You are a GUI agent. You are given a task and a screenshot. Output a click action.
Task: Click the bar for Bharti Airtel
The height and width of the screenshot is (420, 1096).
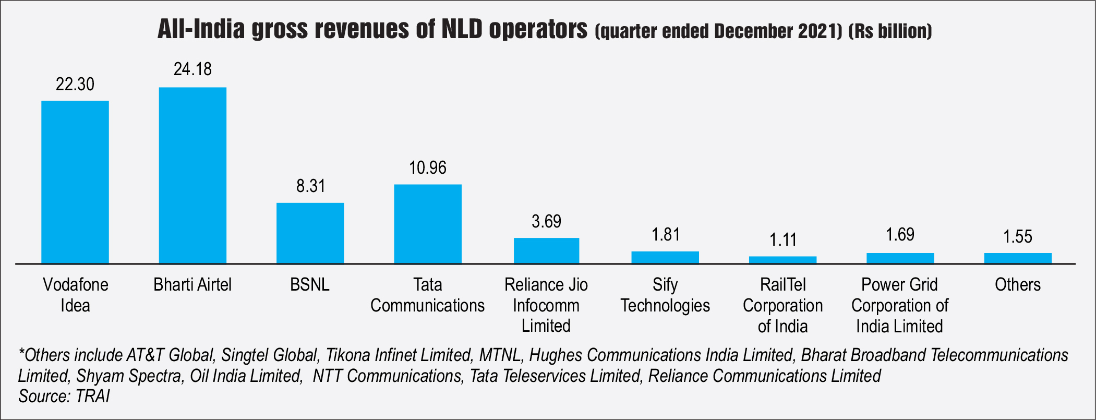click(192, 175)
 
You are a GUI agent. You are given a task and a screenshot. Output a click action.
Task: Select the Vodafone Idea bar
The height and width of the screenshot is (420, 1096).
click(75, 182)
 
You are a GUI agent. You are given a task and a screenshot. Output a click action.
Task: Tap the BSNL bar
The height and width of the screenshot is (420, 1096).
click(310, 233)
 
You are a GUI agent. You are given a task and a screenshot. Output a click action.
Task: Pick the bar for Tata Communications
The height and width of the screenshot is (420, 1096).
click(428, 224)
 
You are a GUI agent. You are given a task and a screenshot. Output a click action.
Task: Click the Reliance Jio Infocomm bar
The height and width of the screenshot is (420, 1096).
click(546, 251)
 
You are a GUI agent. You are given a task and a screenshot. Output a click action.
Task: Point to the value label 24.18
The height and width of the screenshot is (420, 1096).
click(192, 69)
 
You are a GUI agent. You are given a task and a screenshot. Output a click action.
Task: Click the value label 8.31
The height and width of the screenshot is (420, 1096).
click(310, 186)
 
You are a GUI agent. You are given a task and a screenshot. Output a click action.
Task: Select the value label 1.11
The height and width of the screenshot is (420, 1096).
click(783, 240)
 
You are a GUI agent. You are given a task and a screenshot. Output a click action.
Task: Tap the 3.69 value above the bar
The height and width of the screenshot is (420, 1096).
click(546, 222)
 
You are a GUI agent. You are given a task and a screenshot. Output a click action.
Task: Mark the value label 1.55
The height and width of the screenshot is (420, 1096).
click(1018, 237)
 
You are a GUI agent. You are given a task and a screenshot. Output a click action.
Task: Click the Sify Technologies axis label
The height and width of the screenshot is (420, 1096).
click(665, 295)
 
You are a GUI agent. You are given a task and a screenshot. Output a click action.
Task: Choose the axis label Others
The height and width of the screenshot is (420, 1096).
click(1018, 285)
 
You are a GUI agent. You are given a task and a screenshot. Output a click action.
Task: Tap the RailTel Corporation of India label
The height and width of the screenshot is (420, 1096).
click(782, 305)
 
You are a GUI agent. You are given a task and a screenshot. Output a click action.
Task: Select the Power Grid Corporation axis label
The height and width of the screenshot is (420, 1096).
click(900, 305)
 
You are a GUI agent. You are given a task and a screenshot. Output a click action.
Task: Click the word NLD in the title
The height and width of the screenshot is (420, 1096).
click(462, 30)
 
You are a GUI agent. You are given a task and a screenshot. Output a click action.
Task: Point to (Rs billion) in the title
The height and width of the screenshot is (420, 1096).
click(890, 31)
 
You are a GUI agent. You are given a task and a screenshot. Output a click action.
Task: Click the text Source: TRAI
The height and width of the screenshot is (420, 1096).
click(64, 397)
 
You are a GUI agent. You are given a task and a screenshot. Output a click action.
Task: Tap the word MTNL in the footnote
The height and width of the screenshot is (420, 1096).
click(500, 355)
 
